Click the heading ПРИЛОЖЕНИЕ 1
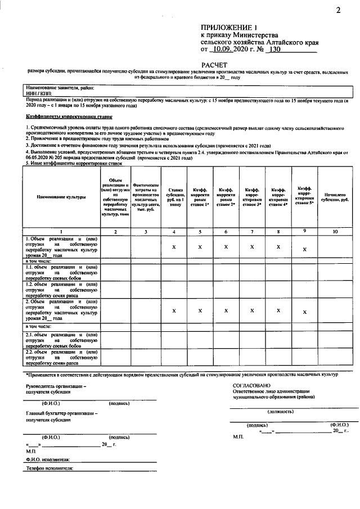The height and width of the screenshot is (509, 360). pos(228,28)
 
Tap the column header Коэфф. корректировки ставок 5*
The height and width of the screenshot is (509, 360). pos(305,195)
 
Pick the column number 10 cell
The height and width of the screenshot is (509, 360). pos(335,231)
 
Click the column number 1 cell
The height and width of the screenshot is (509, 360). pos(61,231)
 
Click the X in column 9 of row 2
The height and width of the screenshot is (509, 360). pos(305,312)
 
